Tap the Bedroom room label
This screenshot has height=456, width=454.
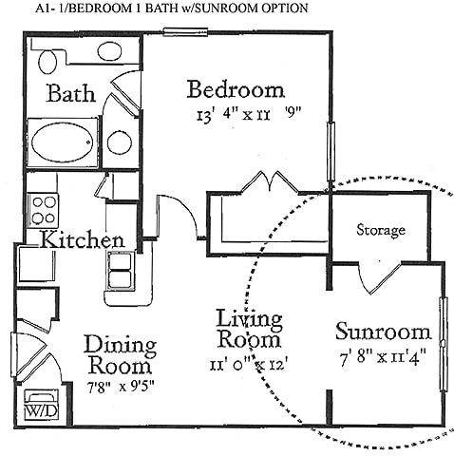tap(236, 90)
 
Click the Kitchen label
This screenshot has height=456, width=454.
tap(83, 239)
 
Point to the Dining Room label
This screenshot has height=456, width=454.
tap(120, 354)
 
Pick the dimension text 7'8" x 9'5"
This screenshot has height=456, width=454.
tap(120, 388)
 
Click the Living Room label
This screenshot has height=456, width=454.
tap(248, 329)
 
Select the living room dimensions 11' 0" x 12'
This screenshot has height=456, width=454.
tap(248, 362)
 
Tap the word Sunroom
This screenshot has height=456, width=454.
tap(383, 333)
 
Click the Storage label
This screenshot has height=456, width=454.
tap(381, 230)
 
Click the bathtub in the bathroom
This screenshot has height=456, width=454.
tap(64, 142)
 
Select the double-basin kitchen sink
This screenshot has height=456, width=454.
tap(121, 271)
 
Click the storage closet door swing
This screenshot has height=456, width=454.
tap(377, 277)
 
